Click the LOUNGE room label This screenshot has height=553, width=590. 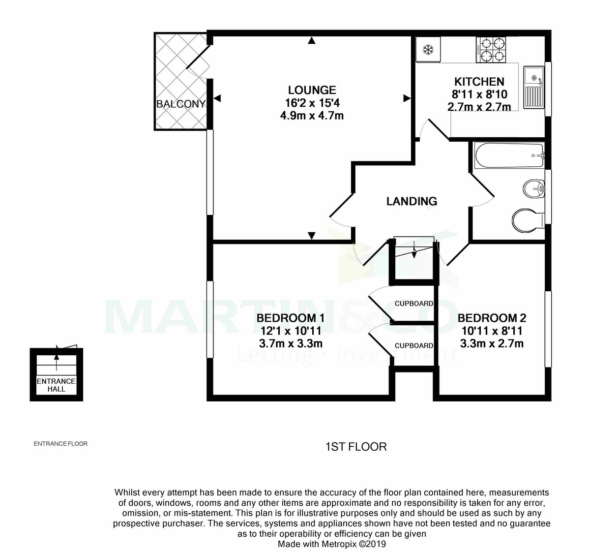[x=312, y=90]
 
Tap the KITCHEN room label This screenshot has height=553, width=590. [x=479, y=82]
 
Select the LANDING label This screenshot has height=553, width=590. [x=412, y=201]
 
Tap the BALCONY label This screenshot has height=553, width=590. [x=180, y=104]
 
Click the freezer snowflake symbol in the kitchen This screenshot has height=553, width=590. [x=428, y=50]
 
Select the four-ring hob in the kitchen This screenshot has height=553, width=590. [x=491, y=50]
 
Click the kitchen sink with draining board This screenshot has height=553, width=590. [x=533, y=88]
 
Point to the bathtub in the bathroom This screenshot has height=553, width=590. [x=508, y=156]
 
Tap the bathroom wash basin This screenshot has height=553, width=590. [x=533, y=188]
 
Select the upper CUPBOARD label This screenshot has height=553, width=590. [x=414, y=304]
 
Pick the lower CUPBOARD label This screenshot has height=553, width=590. [x=414, y=346]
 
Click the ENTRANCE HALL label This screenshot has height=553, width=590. [x=57, y=385]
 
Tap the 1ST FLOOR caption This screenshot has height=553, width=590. [x=356, y=447]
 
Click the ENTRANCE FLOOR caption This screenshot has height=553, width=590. [x=60, y=444]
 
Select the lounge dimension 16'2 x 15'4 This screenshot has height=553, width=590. [x=312, y=103]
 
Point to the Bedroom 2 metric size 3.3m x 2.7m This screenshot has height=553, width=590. [x=492, y=344]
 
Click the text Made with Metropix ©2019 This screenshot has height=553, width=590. [x=332, y=544]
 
